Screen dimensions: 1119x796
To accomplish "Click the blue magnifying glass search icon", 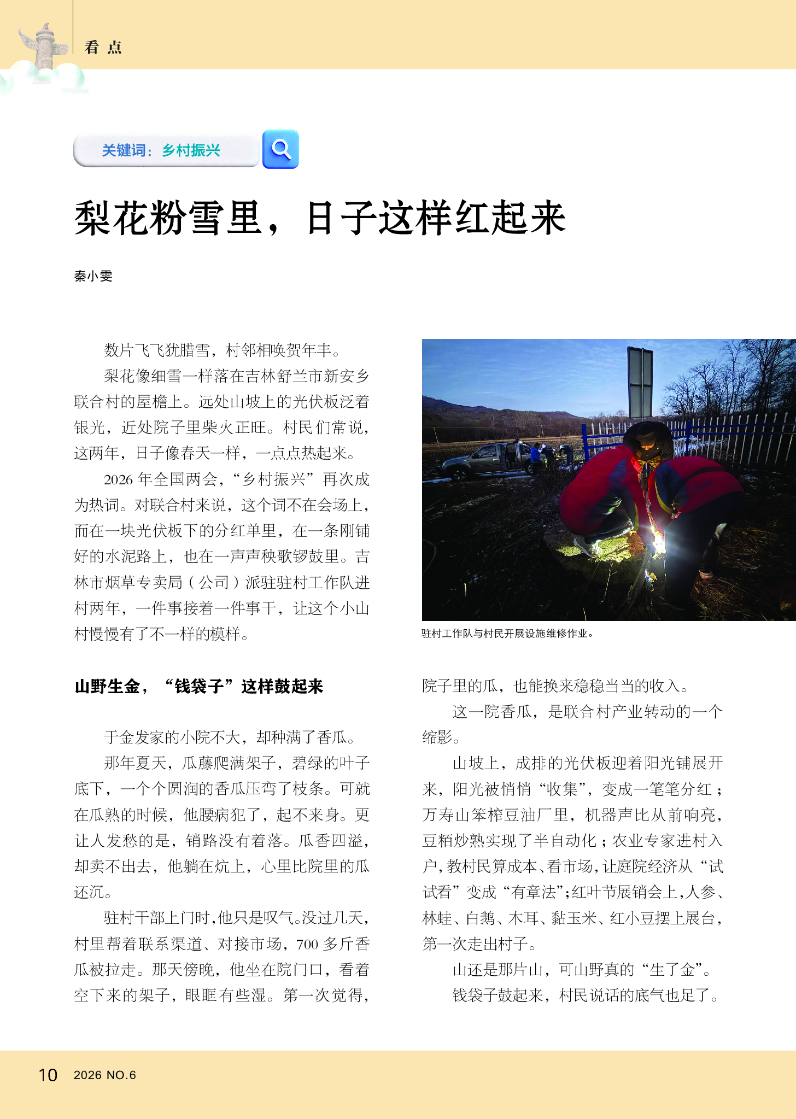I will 280,149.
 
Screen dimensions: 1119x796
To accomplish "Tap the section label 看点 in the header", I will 103,48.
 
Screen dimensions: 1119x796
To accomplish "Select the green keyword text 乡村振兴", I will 191,150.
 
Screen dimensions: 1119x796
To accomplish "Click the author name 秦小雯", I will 93,276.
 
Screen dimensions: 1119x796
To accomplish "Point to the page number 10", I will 48,1075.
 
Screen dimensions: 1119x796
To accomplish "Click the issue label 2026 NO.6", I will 105,1075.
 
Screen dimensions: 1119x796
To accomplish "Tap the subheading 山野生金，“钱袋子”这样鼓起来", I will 199,686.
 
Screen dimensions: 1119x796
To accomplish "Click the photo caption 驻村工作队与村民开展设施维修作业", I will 507,634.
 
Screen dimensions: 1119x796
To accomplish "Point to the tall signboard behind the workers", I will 640,382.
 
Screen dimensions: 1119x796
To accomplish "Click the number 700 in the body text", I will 307,944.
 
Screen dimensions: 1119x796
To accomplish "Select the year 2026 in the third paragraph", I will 118,480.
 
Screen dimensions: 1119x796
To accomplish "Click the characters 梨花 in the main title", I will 112,218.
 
